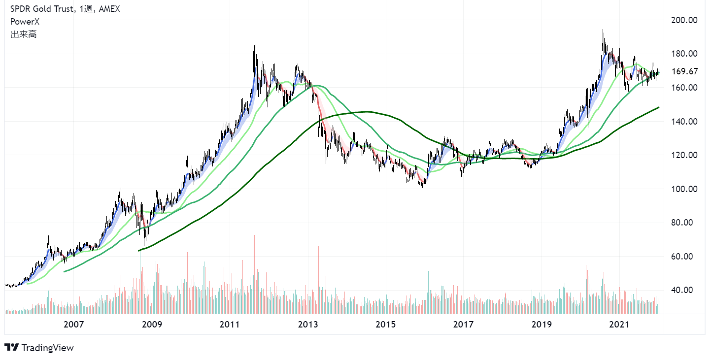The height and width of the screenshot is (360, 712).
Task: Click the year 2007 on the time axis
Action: [73, 325]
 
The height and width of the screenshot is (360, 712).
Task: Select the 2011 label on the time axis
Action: [230, 325]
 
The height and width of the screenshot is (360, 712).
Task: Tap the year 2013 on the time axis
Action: [307, 325]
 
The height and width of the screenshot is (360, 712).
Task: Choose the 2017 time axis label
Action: [463, 325]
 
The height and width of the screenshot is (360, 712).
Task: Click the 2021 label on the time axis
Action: [619, 325]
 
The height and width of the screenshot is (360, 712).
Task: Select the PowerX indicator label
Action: [25, 22]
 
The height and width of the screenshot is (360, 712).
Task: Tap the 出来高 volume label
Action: [23, 34]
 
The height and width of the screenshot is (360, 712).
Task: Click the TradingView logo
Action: [39, 348]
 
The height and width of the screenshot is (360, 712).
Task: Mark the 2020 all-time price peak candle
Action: [603, 37]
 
